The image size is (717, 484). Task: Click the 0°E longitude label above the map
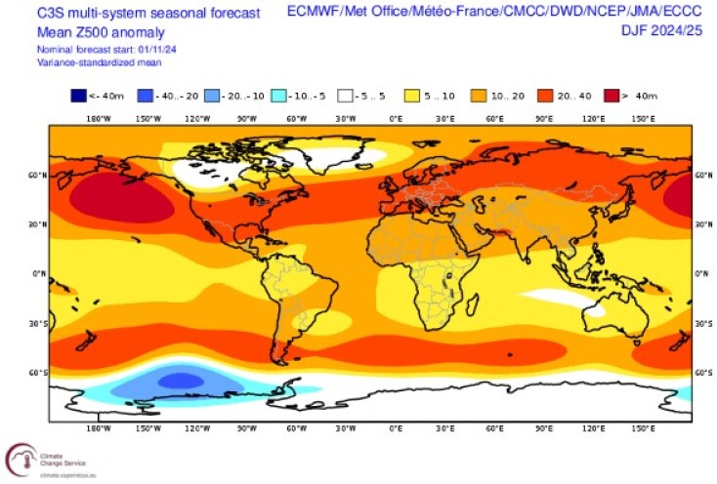click(397, 118)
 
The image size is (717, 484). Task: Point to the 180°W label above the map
click(96, 118)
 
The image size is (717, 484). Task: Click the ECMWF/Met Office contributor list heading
click(496, 12)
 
